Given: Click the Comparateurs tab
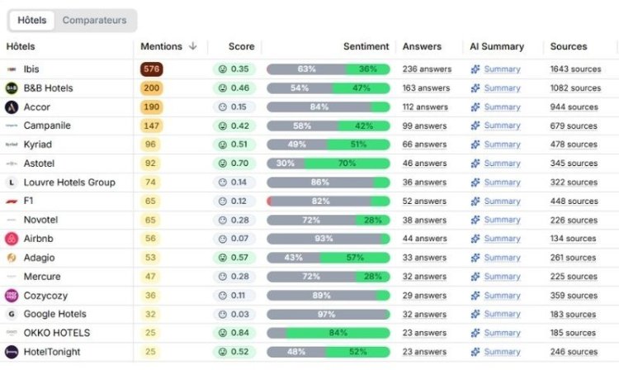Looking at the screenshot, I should coord(95,20).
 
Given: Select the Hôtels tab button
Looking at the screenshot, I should coord(32,20).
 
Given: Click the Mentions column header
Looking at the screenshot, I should coord(168,46).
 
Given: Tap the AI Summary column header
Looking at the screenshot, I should coord(497,46).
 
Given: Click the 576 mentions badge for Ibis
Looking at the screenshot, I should coord(151,69).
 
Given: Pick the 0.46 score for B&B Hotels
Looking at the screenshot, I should coord(234,88).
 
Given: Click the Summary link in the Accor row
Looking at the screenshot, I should coord(502,107).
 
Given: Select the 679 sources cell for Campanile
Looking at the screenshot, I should coord(574,126).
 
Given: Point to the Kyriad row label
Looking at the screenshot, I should coord(38,145).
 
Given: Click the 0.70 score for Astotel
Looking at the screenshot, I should coord(234,164).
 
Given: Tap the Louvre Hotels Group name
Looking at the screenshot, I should coord(69,183).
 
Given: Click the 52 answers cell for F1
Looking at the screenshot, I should coord(424,202).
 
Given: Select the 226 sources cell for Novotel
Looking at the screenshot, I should coord(574,221).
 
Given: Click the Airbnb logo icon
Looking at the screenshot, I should coord(12,239).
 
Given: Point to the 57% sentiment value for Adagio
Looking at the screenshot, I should coord(355,258).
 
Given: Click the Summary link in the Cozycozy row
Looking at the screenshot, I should coord(502,296).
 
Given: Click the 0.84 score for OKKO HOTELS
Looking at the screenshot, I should coord(234,333).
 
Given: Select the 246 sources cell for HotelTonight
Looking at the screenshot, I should coord(574,352).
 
